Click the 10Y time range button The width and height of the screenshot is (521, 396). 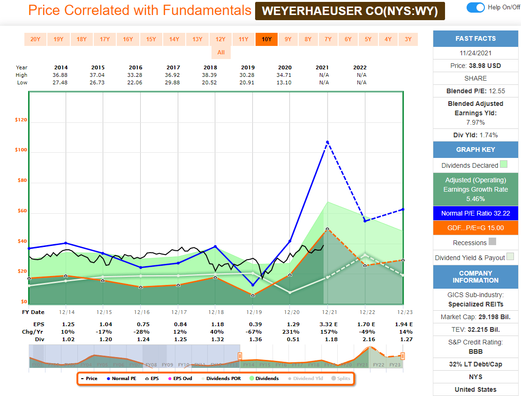[x=266, y=39]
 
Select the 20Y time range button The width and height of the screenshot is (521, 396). [x=35, y=39]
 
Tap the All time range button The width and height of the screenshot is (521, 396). [x=221, y=52]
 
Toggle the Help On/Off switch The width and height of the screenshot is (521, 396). [x=476, y=7]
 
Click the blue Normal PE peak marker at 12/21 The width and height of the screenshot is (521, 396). [x=327, y=142]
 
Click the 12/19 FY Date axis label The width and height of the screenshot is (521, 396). [x=253, y=312]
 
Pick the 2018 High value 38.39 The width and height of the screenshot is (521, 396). [x=211, y=75]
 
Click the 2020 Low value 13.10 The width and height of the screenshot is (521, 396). [x=285, y=82]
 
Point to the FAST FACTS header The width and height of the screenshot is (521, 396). [x=476, y=38]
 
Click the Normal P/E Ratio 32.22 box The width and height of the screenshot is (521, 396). [x=476, y=213]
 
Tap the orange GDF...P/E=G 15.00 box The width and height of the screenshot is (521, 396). [x=476, y=228]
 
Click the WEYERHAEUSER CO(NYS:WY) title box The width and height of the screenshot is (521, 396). [x=350, y=11]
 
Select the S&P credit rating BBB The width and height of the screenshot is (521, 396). [x=476, y=351]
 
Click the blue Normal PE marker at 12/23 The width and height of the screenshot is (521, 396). [x=403, y=209]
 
